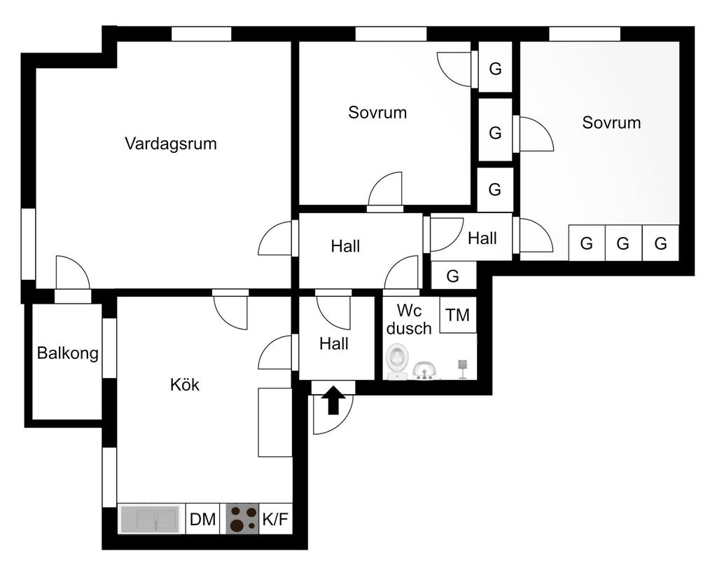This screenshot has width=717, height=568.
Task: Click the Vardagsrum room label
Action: (x=171, y=143)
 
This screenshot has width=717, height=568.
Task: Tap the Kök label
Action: (x=184, y=384)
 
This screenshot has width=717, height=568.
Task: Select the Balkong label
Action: (x=68, y=353)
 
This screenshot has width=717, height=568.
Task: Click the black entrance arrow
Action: (x=333, y=400)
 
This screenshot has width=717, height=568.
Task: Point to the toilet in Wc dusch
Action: (x=397, y=361)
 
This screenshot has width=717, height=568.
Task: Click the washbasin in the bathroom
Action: (x=425, y=370)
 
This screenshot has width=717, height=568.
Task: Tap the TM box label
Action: (x=458, y=315)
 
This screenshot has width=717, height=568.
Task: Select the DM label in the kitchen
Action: (x=202, y=520)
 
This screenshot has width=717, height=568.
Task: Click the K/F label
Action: (x=275, y=519)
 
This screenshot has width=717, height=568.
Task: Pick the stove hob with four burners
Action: (x=243, y=519)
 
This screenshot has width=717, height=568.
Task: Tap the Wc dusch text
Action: (x=409, y=319)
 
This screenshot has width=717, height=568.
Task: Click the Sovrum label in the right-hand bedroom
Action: (x=611, y=122)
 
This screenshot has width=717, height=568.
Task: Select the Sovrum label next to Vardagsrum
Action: (x=377, y=112)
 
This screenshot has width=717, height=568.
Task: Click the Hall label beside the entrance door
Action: (x=334, y=343)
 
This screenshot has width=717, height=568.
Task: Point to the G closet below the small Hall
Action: (x=453, y=276)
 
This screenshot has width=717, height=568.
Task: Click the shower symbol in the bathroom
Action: (x=462, y=369)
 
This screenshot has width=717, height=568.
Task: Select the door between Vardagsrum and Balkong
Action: (x=73, y=273)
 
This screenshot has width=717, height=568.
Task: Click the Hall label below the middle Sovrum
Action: (x=345, y=246)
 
